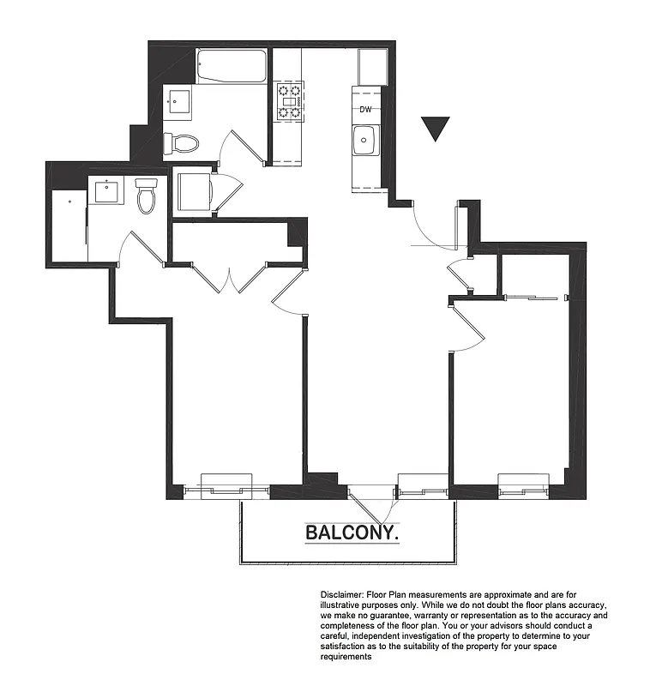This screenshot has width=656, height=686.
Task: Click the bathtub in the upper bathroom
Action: pyautogui.click(x=232, y=66)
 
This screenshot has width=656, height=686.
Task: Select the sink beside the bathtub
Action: pyautogui.click(x=178, y=101)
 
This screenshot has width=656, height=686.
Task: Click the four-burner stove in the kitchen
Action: pyautogui.click(x=289, y=100)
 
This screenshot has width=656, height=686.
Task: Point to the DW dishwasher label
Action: pyautogui.click(x=366, y=109)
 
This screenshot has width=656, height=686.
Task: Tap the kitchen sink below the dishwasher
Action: pyautogui.click(x=366, y=139)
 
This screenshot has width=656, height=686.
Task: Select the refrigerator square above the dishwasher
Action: pyautogui.click(x=372, y=67)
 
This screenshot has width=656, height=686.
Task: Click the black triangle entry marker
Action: pyautogui.click(x=436, y=129)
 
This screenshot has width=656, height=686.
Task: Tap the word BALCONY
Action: pyautogui.click(x=352, y=533)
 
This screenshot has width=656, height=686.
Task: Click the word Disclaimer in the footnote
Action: pyautogui.click(x=343, y=593)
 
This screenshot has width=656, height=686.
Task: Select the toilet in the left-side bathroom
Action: pyautogui.click(x=147, y=196)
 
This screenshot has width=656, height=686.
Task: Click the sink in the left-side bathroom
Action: pyautogui.click(x=109, y=190)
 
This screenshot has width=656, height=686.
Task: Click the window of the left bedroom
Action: pyautogui.click(x=226, y=486)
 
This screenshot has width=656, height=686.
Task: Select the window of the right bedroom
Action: pyautogui.click(x=524, y=486)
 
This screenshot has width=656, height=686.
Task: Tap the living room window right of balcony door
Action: pyautogui.click(x=423, y=486)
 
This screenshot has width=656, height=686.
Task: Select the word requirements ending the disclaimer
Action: pyautogui.click(x=346, y=656)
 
